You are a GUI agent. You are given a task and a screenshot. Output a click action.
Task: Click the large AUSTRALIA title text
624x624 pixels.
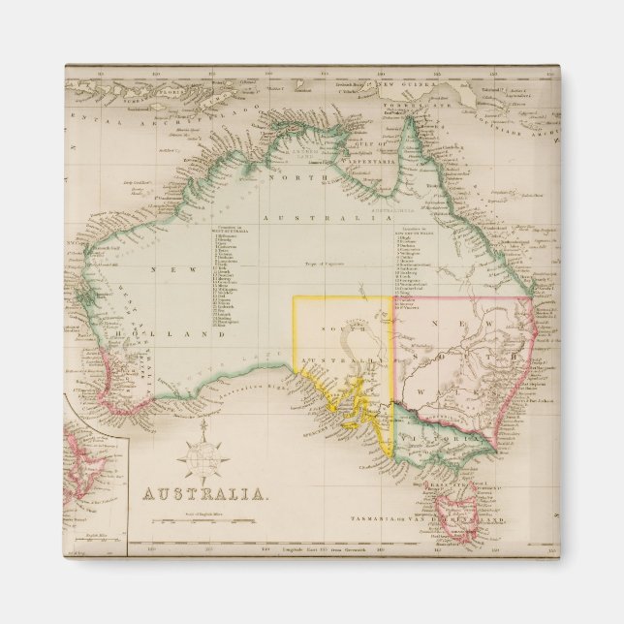[205, 493]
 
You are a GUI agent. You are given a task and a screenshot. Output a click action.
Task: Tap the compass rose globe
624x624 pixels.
[205, 452]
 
